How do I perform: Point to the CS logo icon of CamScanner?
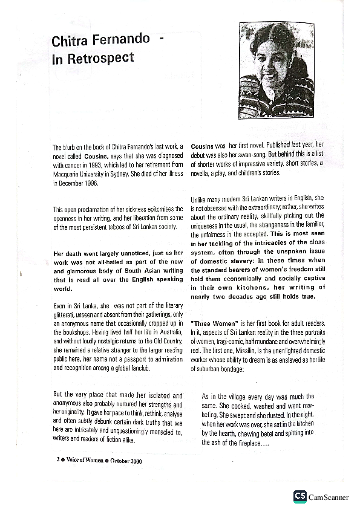299,496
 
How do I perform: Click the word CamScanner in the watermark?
329,497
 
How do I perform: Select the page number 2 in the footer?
57,459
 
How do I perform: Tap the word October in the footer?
123,459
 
